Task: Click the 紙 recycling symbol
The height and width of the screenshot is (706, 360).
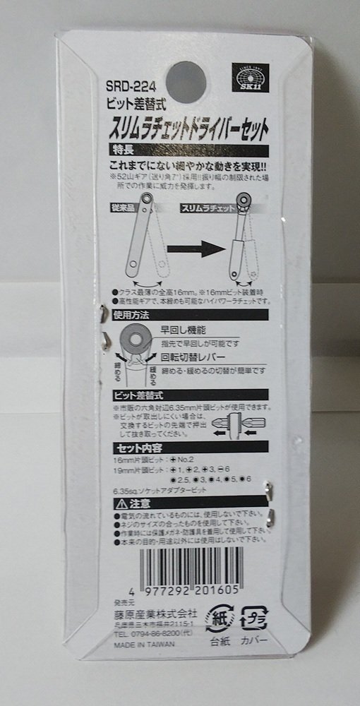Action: (x=217, y=619)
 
